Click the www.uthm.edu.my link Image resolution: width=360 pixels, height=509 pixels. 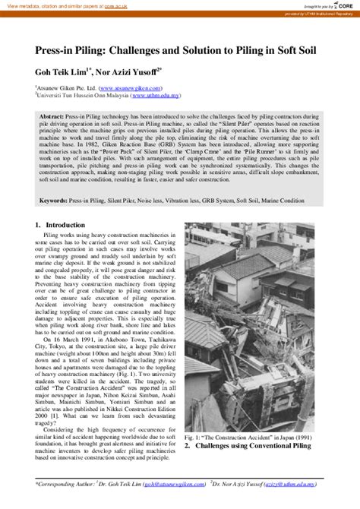[156, 96]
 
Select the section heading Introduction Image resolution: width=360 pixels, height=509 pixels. [67, 226]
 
